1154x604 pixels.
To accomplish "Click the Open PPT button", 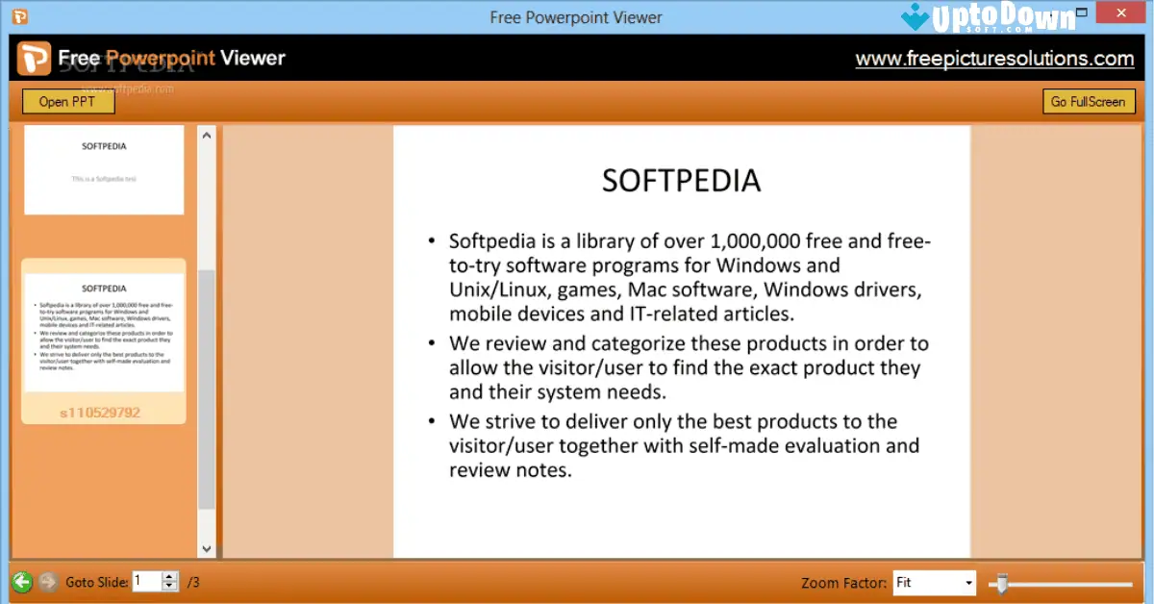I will coord(67,102).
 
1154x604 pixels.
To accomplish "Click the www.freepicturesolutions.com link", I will coord(994,59).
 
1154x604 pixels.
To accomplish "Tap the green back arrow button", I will coord(22,582).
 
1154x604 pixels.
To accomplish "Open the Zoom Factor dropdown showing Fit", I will coord(933,583).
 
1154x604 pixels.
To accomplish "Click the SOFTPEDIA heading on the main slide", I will coord(681,180).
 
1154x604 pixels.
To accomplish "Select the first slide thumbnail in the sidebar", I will coord(104,169).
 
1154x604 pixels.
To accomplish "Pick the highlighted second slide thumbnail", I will coord(104,333).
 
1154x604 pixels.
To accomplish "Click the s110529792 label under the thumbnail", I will coord(100,413).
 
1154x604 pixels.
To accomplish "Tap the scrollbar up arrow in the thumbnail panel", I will coord(207,136).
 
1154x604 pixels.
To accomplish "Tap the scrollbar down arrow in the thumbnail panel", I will coord(207,549).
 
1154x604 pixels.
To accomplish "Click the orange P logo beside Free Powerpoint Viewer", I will coord(34,59).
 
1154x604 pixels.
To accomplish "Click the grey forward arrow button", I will coord(48,582).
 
